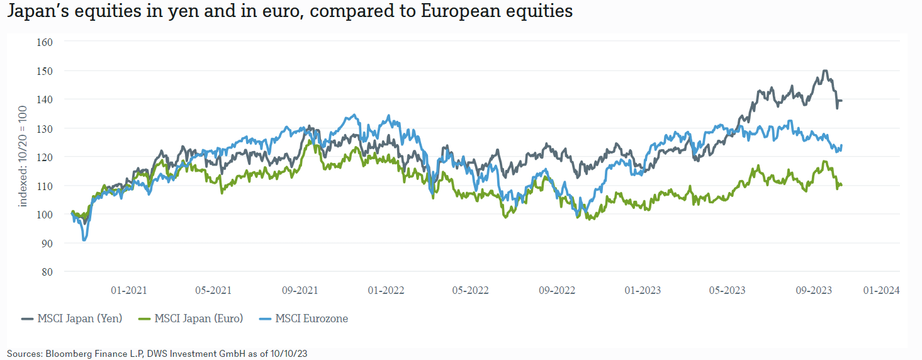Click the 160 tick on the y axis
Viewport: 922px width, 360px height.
pos(45,42)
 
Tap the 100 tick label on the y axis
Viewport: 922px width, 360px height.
pos(45,215)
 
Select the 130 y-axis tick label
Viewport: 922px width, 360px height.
pos(45,128)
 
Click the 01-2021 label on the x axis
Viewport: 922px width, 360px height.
pos(128,290)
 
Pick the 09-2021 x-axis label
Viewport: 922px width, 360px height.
pos(299,290)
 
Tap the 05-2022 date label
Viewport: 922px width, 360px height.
pos(470,290)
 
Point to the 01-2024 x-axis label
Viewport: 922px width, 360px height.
pos(880,290)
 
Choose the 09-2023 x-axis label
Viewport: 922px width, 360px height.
pos(814,290)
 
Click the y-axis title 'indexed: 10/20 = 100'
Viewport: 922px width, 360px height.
pos(23,157)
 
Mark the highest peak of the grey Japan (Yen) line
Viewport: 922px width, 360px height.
pos(825,71)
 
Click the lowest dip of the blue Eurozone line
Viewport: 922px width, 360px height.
pos(84,240)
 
